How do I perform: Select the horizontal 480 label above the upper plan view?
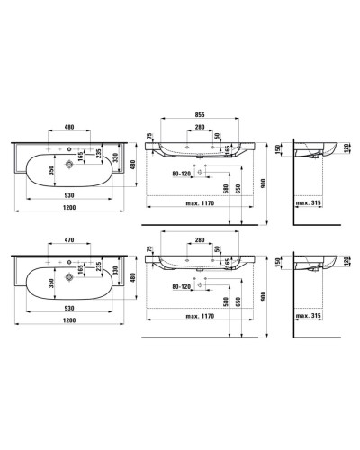point(68,126)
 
